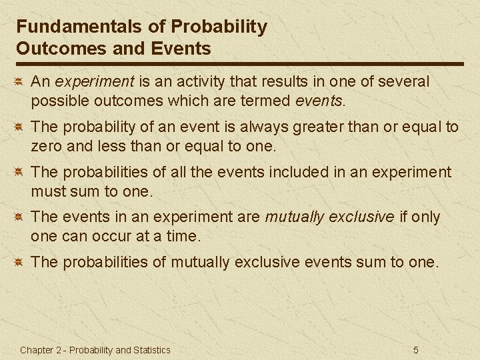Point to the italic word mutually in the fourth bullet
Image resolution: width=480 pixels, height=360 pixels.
[293, 217]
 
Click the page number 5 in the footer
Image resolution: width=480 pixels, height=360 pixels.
[416, 350]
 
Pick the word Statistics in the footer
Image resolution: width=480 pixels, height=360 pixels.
[151, 350]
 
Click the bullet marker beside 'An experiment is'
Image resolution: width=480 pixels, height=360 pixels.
[20, 82]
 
